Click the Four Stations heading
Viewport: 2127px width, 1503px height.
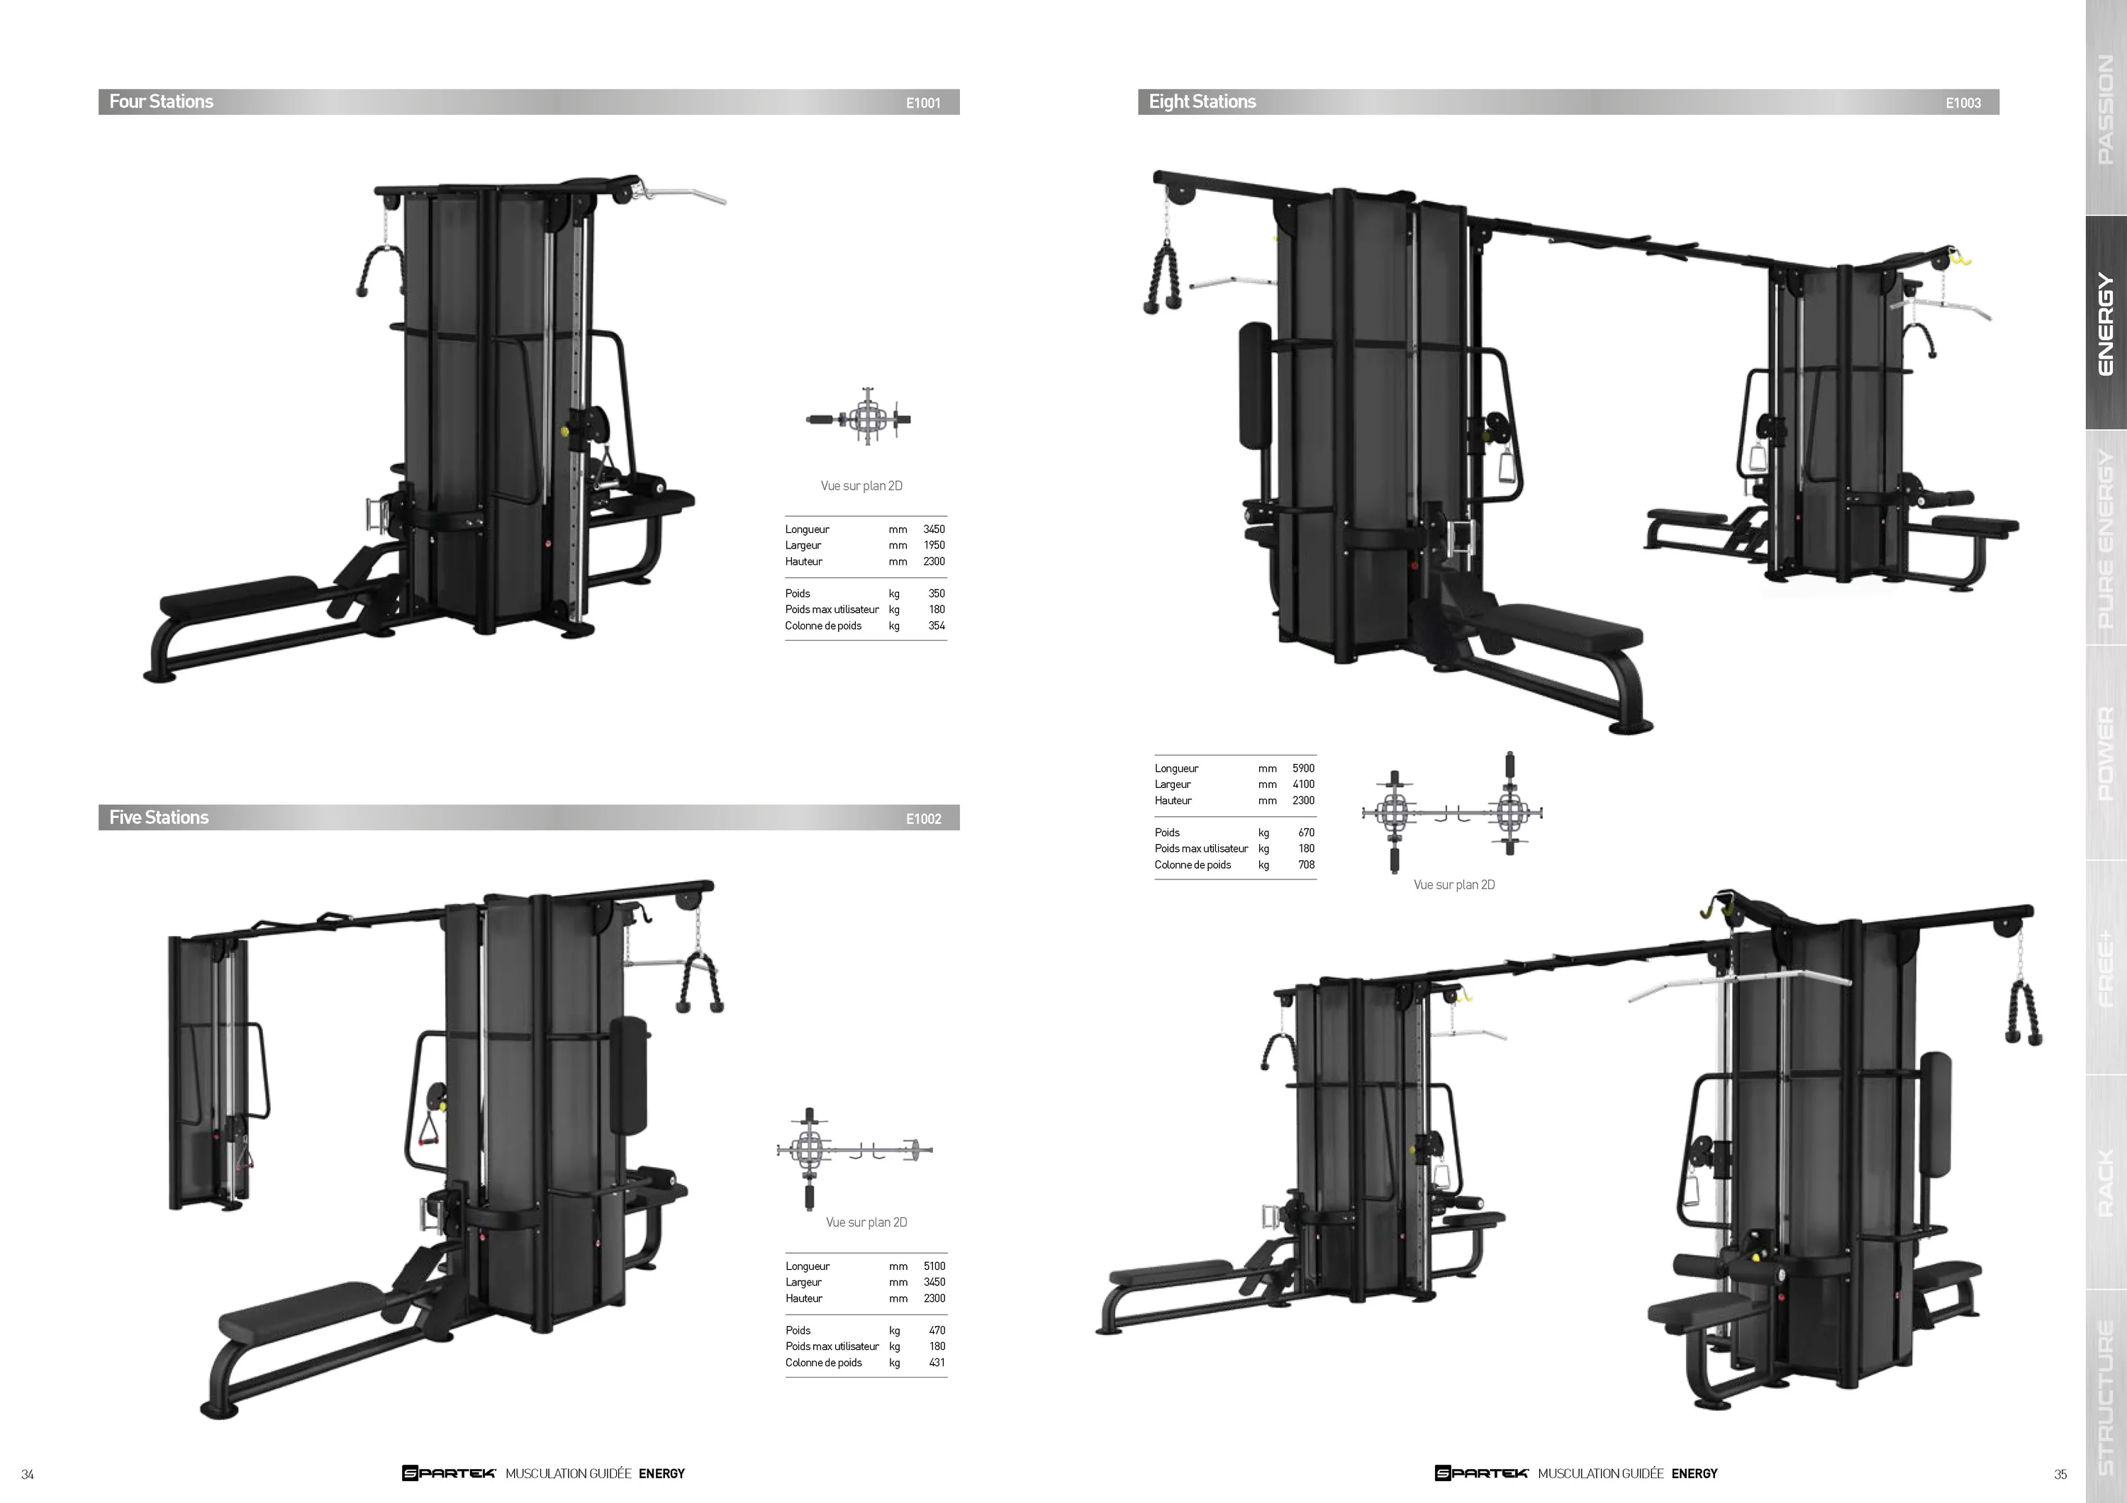click(161, 102)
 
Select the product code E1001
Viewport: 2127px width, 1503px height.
click(922, 103)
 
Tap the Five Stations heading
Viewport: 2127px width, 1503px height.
click(158, 818)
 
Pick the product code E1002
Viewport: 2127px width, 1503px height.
click(922, 818)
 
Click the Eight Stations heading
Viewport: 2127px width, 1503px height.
click(1202, 102)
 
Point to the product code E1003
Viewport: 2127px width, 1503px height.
click(1963, 103)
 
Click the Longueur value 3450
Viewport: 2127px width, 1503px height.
click(934, 530)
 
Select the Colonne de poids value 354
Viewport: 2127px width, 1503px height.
click(937, 626)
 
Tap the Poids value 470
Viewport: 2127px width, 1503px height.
click(937, 1331)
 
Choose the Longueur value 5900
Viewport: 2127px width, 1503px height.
click(1303, 769)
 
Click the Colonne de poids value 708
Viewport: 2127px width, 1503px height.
click(1306, 865)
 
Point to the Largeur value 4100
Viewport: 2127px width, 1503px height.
click(1303, 784)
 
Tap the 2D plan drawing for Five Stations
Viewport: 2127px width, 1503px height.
click(854, 1158)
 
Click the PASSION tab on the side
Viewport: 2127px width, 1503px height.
click(2106, 108)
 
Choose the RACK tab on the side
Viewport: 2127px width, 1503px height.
click(2106, 1183)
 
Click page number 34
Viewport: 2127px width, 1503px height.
click(28, 1474)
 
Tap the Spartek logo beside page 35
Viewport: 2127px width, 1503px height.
click(1481, 1473)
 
